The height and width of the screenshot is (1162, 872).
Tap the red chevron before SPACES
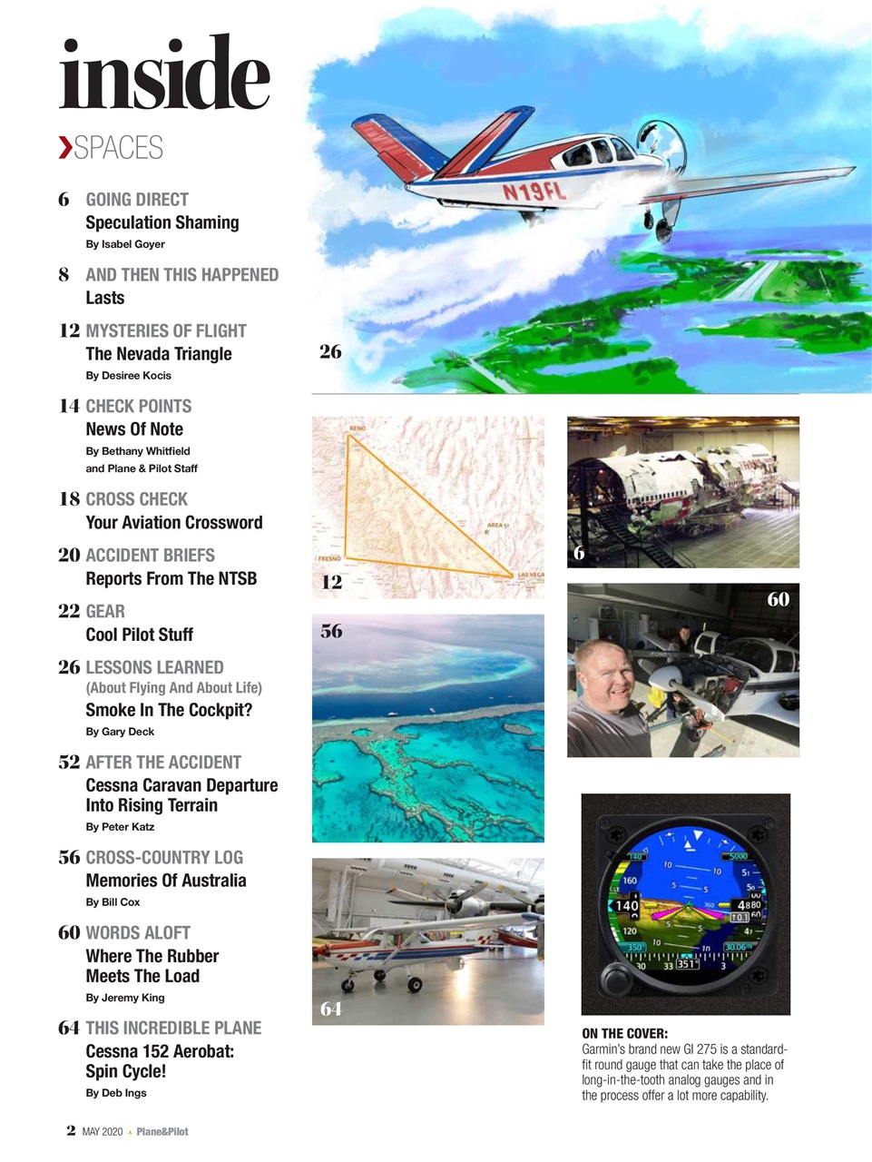coord(64,147)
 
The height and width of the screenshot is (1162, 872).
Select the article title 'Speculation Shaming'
coord(162,222)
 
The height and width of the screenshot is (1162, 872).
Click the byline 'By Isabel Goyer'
coord(124,244)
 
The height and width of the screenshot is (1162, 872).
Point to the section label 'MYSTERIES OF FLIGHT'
coord(165,330)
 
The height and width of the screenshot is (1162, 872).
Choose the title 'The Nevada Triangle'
coord(158,354)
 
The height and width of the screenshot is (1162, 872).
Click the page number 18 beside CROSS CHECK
coord(69,498)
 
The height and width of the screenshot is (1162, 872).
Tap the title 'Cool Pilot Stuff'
coord(139,635)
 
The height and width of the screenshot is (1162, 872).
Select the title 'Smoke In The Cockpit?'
coord(169,710)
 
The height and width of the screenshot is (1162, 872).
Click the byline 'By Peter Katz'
coord(120,827)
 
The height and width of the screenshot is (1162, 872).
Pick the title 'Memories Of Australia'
coord(165,881)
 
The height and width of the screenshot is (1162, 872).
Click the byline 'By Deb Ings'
coord(115,1093)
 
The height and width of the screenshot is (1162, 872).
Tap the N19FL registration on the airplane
coord(534,191)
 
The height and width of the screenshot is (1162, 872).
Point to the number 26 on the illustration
coord(330,351)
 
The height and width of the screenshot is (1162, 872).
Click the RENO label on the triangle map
coord(358,427)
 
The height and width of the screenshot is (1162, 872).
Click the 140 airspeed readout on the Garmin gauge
coord(627,905)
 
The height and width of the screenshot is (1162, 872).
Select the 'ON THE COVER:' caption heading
coord(624,1033)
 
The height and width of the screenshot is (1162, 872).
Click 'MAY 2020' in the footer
coord(102,1132)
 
